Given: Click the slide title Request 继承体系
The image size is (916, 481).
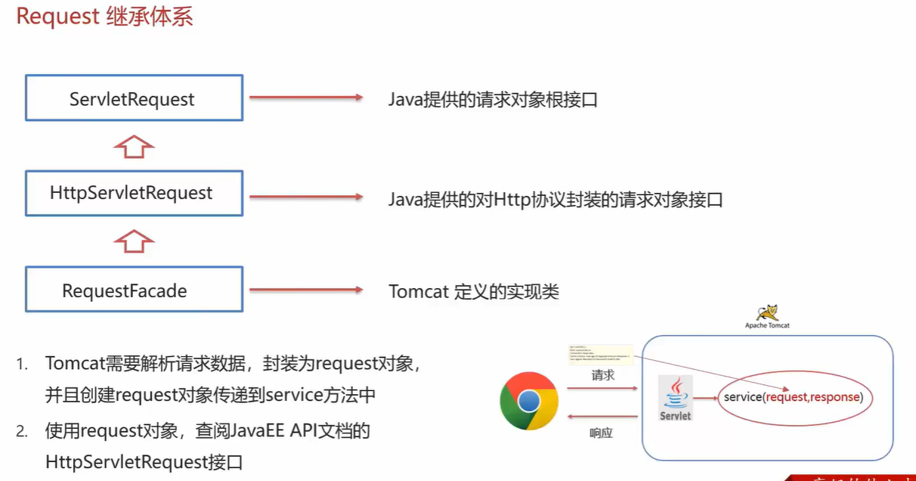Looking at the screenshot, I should (105, 17).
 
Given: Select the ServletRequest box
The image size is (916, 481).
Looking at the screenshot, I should (134, 98).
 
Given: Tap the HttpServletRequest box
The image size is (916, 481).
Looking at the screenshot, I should (134, 193).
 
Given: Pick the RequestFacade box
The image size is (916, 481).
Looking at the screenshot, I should (134, 290).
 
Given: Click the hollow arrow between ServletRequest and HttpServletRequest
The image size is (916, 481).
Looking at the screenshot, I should (134, 145).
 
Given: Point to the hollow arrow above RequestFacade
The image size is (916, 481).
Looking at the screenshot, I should (134, 241).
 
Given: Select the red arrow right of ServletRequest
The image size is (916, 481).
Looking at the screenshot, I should (306, 98).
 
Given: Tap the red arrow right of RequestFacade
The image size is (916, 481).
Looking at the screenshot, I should (306, 290).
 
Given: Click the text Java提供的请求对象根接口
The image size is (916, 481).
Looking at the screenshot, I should (493, 99).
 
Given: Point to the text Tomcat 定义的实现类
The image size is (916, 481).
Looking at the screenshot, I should (474, 291).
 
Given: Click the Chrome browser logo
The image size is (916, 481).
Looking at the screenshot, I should (528, 401).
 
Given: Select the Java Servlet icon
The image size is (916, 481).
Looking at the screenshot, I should (675, 398).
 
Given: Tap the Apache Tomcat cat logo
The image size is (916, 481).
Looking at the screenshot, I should (767, 312).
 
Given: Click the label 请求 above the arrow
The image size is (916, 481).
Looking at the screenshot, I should (602, 375).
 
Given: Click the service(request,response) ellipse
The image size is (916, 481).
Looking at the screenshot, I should (792, 397).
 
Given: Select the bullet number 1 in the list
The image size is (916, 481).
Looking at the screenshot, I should (23, 364).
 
